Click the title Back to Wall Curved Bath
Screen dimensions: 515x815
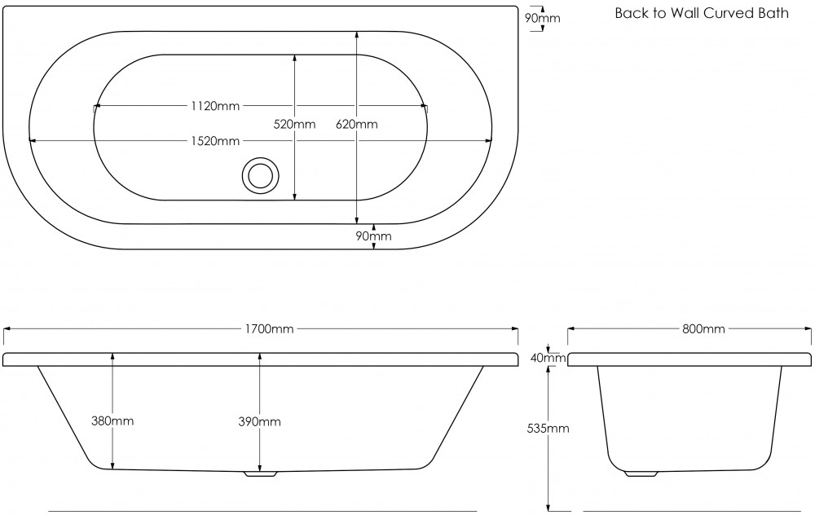701,13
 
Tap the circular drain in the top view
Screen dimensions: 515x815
262,175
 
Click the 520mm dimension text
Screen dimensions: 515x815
294,125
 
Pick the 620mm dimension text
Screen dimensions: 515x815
357,125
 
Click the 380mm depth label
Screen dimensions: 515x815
112,421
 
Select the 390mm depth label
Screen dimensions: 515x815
260,421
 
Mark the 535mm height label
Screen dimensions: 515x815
548,429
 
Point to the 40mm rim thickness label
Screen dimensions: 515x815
548,358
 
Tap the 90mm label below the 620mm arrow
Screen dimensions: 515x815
374,236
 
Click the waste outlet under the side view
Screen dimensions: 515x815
261,472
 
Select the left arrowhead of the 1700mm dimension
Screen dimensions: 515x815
7,329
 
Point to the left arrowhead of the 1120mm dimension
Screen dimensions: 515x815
97,106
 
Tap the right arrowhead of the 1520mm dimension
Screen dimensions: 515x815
489,141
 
